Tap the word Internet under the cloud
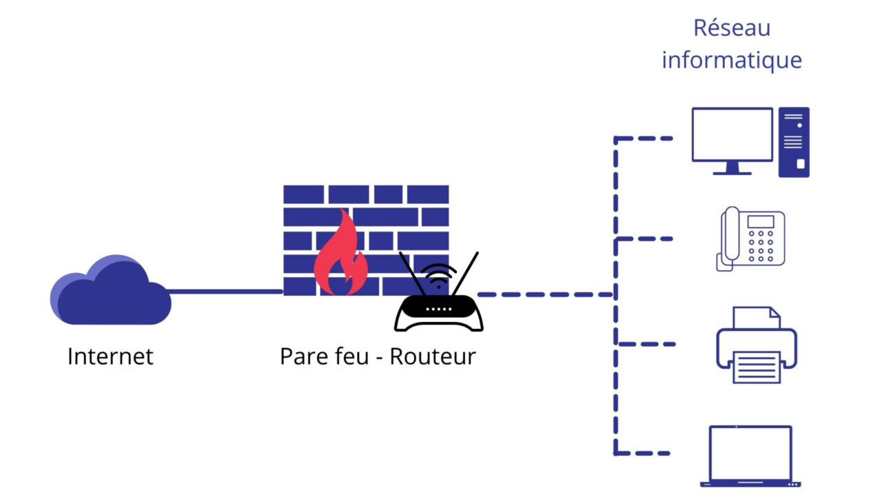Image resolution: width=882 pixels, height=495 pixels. point(110,356)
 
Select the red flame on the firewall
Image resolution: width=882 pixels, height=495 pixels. point(339,255)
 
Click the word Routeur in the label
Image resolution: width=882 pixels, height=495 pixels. point(433,356)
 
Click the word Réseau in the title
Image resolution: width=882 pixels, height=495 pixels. point(731,28)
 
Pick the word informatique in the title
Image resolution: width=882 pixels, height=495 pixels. point(731,60)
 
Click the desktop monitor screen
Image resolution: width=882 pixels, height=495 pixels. point(732,134)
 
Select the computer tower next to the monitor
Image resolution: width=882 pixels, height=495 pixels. point(794,142)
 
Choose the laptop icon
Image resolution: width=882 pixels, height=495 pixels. point(750,456)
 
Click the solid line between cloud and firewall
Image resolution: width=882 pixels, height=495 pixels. point(226,292)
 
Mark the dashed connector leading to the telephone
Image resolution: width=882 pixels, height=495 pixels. point(644,239)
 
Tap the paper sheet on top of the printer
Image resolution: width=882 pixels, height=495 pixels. point(756,319)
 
